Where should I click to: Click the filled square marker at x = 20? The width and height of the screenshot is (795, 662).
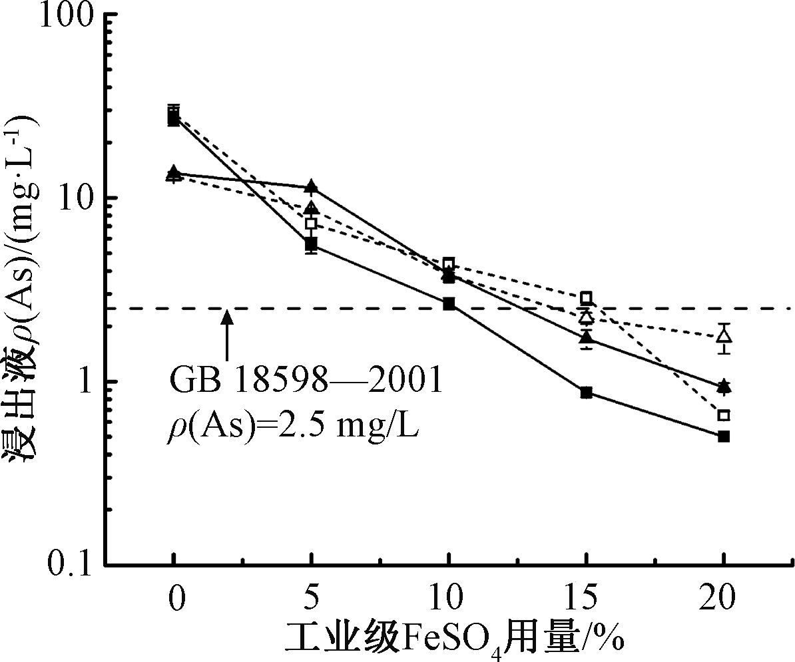[724, 436]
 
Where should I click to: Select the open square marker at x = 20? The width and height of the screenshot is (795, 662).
[724, 415]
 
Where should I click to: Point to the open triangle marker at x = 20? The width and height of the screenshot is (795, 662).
[724, 335]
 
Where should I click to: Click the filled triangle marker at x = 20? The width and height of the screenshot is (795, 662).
[724, 385]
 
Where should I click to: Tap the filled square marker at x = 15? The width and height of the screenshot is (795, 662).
[586, 393]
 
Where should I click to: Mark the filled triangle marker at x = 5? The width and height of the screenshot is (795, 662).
[311, 186]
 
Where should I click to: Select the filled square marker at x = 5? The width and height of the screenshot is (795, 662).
[311, 244]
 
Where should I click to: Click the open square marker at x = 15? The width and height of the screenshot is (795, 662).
[586, 297]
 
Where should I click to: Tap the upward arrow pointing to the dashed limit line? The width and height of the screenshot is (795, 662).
[227, 336]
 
